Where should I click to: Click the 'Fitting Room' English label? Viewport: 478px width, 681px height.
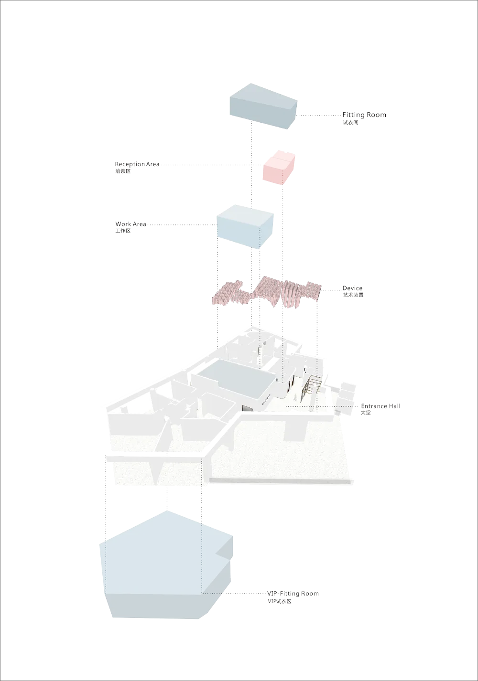364,115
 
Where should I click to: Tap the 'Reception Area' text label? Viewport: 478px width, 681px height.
137,164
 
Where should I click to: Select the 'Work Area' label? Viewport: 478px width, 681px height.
130,224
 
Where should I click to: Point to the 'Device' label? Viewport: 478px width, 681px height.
352,288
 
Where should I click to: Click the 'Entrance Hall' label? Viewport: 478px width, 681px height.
380,406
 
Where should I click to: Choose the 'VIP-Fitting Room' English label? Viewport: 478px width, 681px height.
293,594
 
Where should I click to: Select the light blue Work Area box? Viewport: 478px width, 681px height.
245,227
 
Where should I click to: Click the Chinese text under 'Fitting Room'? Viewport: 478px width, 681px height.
350,122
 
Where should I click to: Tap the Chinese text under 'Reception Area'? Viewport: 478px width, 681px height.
122,171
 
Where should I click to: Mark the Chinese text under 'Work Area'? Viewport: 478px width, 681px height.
122,231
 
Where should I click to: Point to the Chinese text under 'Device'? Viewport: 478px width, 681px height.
352,295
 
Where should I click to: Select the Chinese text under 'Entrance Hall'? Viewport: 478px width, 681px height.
365,412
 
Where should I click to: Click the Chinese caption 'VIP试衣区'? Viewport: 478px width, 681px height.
279,601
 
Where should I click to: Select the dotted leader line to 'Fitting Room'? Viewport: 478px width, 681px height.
319,116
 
